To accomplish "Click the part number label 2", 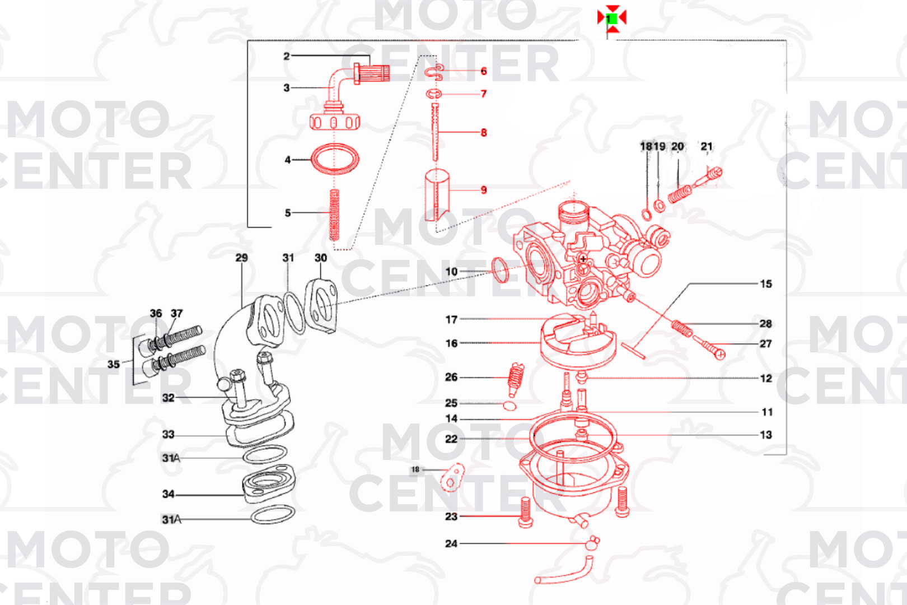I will (286, 56).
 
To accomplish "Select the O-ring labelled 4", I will (335, 159).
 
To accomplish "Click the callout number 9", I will (484, 190).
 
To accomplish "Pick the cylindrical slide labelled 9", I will (437, 193).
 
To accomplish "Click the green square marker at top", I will (611, 18).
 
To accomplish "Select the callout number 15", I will (765, 284).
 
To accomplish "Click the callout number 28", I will (765, 324).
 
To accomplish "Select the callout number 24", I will (451, 543).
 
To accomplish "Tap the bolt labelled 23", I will (525, 512).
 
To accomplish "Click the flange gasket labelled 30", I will (321, 305).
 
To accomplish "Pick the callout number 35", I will (113, 364).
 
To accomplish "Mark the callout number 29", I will (241, 258).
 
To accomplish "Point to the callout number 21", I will (707, 147).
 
